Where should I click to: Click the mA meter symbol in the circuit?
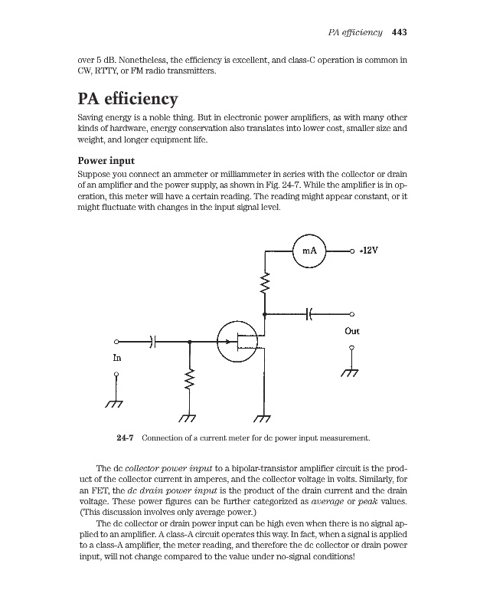(x=309, y=251)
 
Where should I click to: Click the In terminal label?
(x=116, y=358)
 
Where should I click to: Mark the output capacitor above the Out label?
(x=311, y=313)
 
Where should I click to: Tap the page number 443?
(x=398, y=32)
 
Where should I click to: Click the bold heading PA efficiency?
(x=128, y=100)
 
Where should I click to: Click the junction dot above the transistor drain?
(x=265, y=314)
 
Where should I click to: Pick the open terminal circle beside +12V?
(x=352, y=251)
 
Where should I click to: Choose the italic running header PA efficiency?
(x=354, y=32)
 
